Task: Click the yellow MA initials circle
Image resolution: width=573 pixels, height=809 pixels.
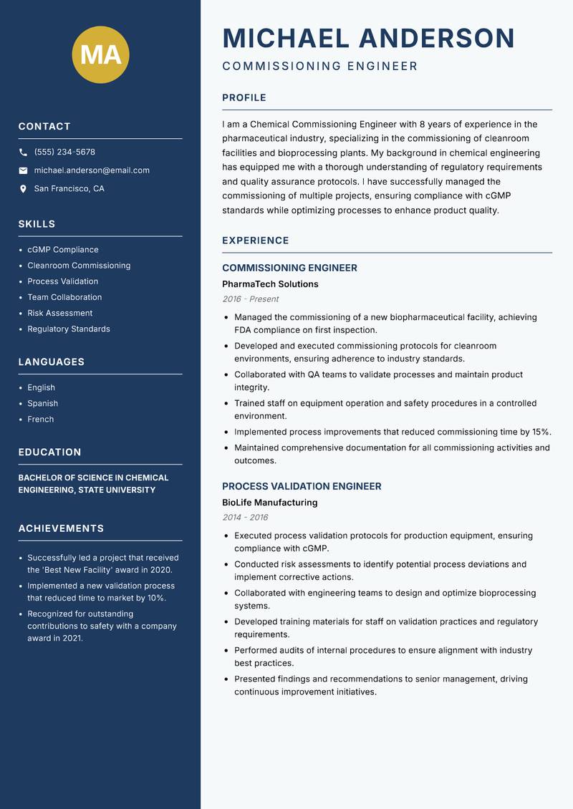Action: [101, 54]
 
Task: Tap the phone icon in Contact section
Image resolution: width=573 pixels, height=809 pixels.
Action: [23, 152]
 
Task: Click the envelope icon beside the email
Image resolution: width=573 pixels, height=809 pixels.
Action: [23, 170]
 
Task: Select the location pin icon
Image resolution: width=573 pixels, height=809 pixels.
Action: [23, 189]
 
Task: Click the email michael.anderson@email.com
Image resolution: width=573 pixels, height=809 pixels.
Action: [92, 170]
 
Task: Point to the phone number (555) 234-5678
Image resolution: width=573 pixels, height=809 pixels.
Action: [64, 152]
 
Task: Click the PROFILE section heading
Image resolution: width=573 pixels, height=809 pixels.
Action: [244, 97]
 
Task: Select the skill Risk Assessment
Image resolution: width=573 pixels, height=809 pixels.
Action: [59, 313]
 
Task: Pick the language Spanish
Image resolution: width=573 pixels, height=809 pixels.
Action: [42, 403]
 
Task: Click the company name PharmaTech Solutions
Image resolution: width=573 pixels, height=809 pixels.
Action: [270, 284]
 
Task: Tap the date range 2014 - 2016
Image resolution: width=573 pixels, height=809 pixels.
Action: [245, 517]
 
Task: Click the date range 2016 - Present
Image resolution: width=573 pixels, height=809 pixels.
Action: [250, 299]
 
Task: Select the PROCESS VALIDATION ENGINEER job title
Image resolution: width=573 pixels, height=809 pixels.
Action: [302, 486]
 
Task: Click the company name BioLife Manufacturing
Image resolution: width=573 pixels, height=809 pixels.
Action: [269, 503]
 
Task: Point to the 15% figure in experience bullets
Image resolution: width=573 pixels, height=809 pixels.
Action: [541, 432]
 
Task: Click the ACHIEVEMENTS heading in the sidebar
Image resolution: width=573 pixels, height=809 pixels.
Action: [61, 528]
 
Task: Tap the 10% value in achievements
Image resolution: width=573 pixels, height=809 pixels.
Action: [156, 598]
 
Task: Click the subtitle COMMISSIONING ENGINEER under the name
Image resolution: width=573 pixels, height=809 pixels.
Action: [319, 67]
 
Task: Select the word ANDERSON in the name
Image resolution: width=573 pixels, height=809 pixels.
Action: [436, 38]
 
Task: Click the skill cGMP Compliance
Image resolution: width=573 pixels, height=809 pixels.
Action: [62, 250]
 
